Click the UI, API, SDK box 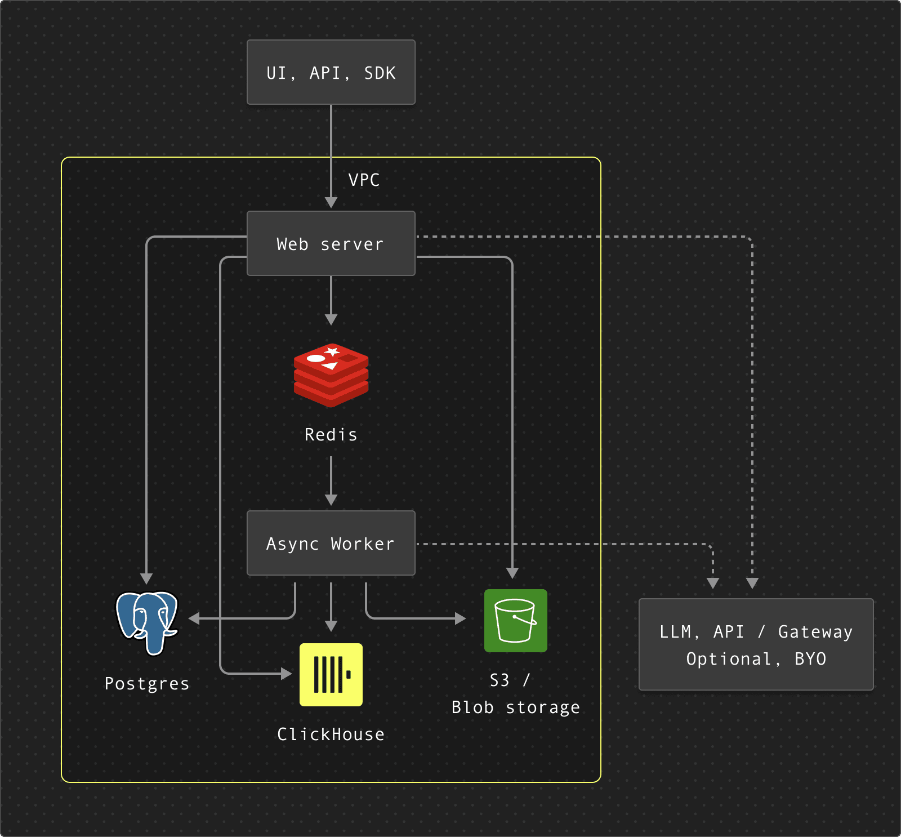[331, 72]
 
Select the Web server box [331, 243]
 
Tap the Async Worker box [331, 543]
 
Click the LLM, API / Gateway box [756, 644]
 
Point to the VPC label [364, 180]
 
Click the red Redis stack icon [331, 375]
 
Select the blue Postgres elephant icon [147, 622]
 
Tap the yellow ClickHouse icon [331, 674]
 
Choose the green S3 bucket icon [515, 620]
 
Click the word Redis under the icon [331, 435]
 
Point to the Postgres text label [147, 684]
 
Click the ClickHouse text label [331, 734]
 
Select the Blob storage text [515, 707]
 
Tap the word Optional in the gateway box [729, 659]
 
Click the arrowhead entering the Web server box [331, 203]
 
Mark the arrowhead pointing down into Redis [331, 319]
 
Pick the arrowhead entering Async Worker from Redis [331, 500]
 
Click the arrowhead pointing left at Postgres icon [195, 618]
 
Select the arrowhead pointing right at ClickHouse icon [286, 673]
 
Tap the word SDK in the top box [380, 73]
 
